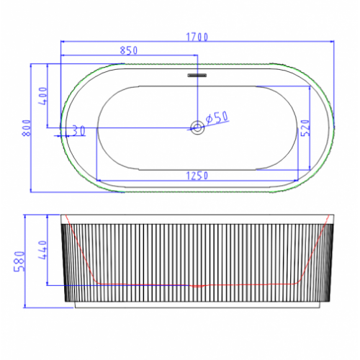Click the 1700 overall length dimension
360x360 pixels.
197,37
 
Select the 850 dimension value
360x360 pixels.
129,50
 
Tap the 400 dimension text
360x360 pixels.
43,96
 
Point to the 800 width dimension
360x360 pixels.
27,128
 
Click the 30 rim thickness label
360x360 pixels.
78,131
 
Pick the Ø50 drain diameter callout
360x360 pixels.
217,118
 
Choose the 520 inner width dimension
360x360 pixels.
305,127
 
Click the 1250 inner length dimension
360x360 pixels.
197,176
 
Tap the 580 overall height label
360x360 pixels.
19,261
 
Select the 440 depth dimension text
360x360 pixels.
42,250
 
